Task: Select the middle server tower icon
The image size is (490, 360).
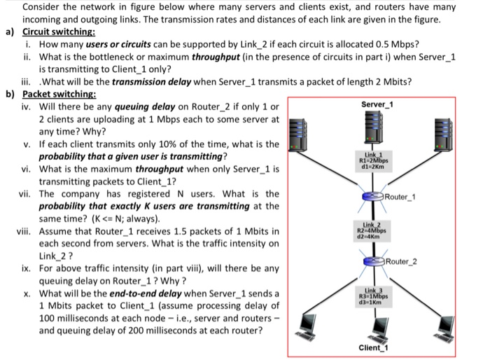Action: pyautogui.click(x=377, y=130)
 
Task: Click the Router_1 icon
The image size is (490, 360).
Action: pyautogui.click(x=377, y=195)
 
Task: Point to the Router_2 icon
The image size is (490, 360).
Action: pyautogui.click(x=376, y=261)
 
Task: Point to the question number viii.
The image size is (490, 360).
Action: pyautogui.click(x=27, y=231)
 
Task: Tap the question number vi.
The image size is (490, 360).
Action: pyautogui.click(x=26, y=168)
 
